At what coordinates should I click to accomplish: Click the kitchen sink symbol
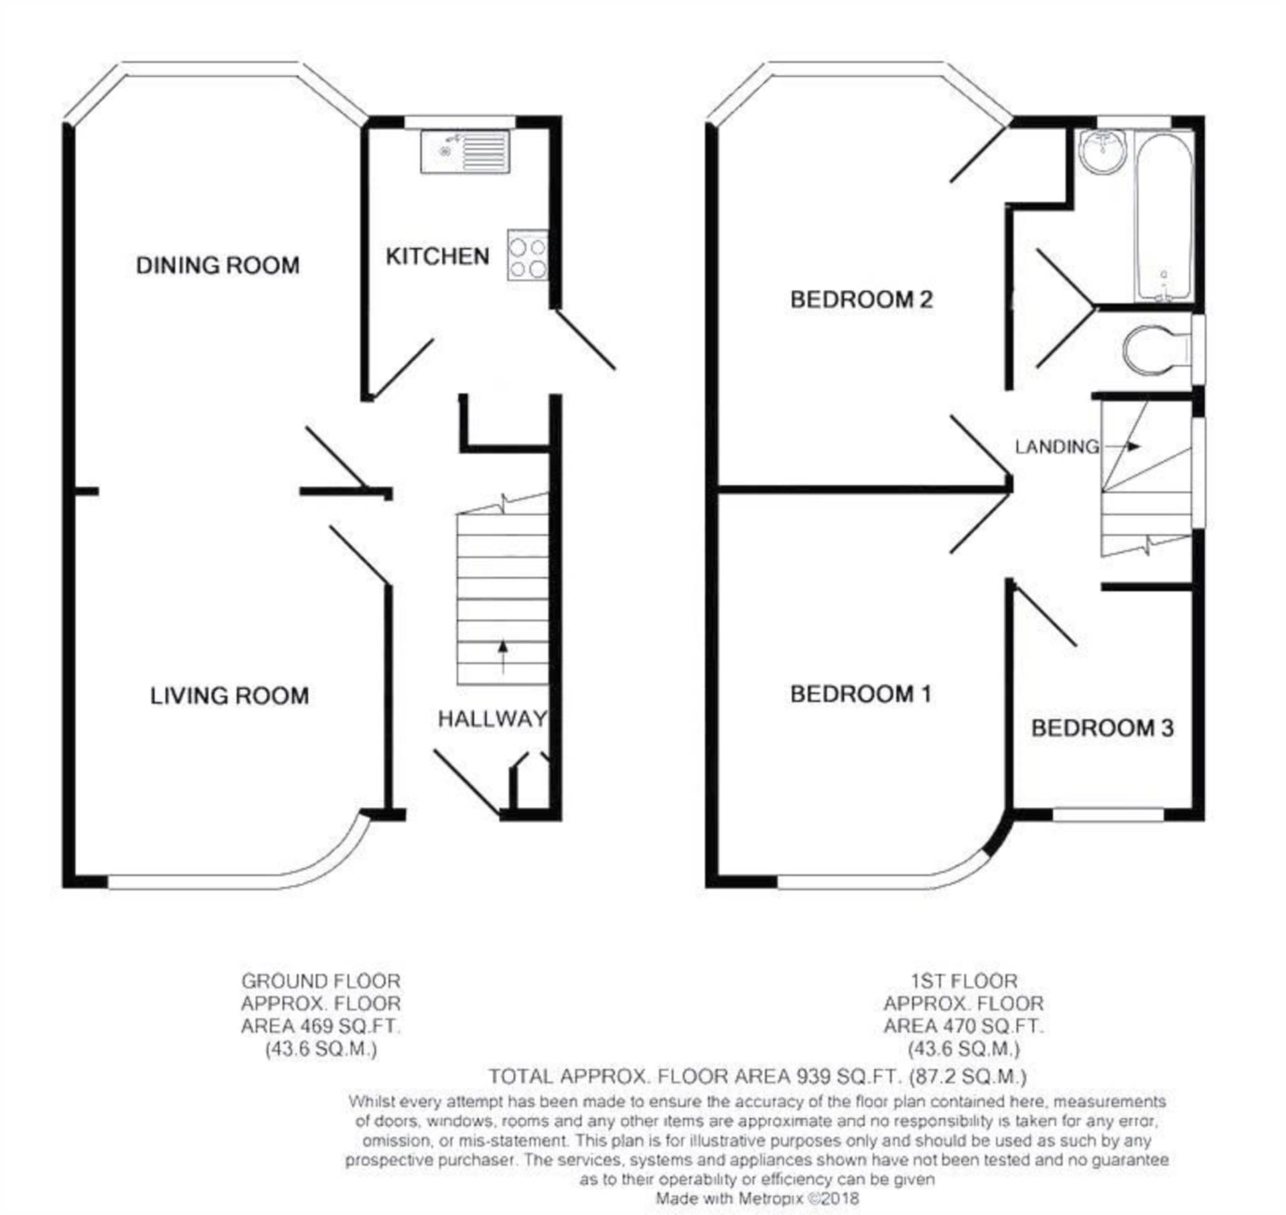(465, 152)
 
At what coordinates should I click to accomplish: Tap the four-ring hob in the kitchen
(527, 255)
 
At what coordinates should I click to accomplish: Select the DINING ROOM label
(218, 266)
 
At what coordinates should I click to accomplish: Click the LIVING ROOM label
(229, 696)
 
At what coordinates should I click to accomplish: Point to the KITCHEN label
(437, 257)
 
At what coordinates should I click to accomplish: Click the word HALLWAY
(492, 719)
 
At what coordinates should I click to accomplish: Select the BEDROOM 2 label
(861, 299)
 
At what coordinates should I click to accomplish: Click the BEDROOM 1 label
(861, 694)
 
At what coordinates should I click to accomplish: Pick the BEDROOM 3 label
(1102, 728)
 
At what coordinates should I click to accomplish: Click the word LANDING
(1056, 447)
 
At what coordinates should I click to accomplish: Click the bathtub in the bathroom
(1164, 216)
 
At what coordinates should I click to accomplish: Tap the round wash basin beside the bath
(1102, 152)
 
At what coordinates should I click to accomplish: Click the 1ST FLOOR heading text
(963, 981)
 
